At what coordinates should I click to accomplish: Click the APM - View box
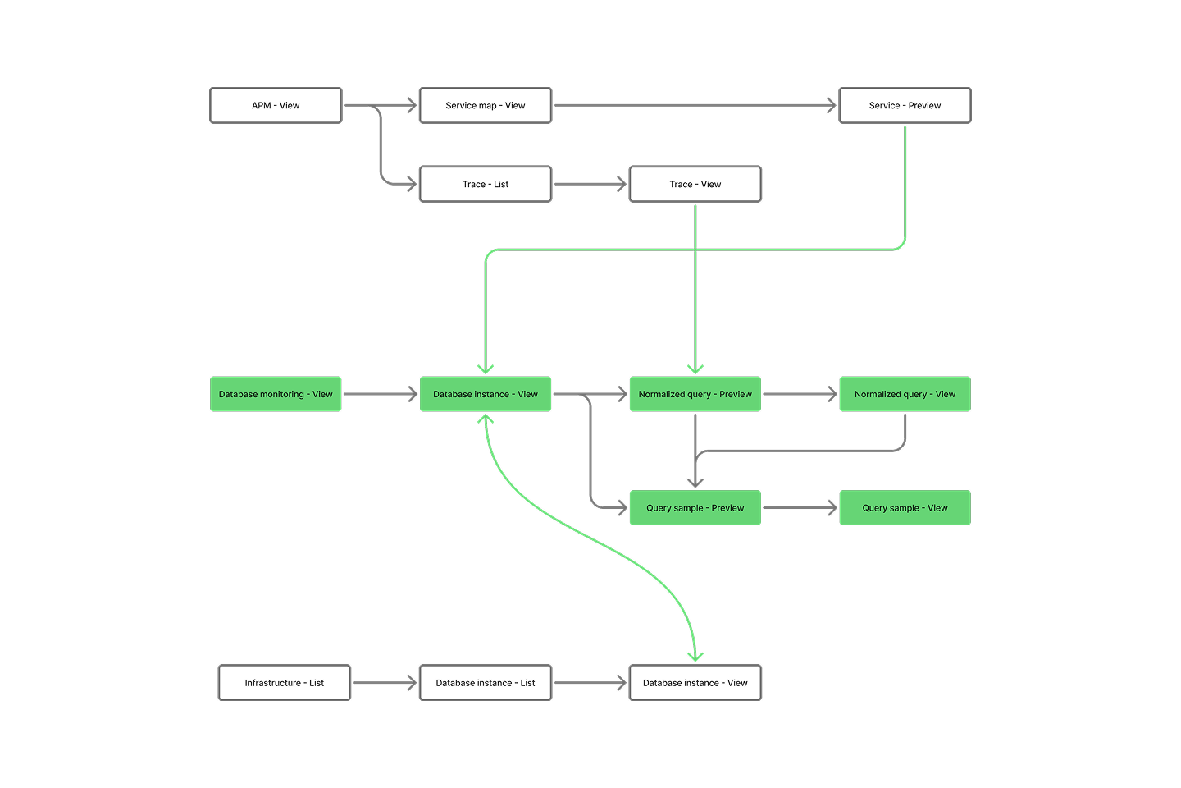coord(276,106)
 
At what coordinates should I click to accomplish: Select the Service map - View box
coord(486,106)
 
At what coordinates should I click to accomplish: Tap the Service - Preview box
coord(905,106)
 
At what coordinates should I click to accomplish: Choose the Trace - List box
coord(486,185)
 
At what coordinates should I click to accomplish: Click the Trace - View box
coord(695,185)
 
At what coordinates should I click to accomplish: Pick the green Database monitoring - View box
coord(276,395)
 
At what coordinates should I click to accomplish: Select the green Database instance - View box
coord(486,395)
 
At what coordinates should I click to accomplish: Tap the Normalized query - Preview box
coord(695,395)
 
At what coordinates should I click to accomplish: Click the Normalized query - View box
coord(905,395)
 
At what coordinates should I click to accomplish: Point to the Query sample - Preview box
coord(695,508)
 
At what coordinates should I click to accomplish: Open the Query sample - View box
coord(905,508)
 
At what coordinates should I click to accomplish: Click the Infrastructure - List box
coord(285,683)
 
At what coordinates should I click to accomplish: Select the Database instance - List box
coord(486,683)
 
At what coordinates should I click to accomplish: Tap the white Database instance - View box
coord(695,683)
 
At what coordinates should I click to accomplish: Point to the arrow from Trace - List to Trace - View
coord(590,185)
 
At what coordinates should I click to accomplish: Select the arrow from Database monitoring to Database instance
coord(381,395)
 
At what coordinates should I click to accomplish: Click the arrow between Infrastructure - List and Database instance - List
coord(385,683)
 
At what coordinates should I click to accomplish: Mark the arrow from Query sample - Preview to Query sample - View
coord(800,508)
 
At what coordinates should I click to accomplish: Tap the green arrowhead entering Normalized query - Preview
coord(695,369)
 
